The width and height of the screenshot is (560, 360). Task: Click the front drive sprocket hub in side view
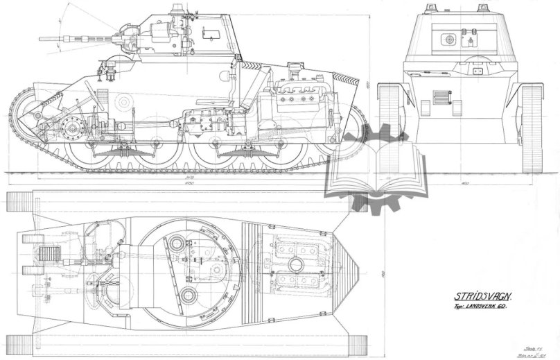(x=69, y=128)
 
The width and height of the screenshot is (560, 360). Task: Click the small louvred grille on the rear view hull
(x=441, y=97)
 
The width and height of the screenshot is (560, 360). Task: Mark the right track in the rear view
(x=532, y=118)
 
